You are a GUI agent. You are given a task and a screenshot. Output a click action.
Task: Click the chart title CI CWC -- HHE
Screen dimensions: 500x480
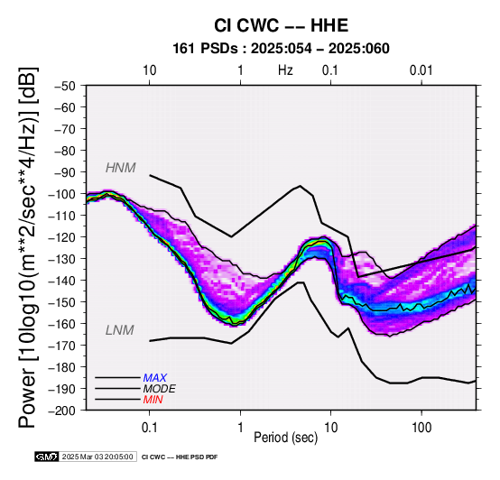[x=281, y=25]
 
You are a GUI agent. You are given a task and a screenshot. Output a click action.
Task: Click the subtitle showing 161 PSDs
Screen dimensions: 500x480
[x=281, y=49]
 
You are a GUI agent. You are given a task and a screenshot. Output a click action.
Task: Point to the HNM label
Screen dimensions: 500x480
[x=121, y=168]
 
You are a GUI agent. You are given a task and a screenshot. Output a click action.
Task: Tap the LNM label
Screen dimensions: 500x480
[x=119, y=330]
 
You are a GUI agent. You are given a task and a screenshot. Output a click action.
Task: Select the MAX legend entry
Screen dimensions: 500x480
[x=154, y=378]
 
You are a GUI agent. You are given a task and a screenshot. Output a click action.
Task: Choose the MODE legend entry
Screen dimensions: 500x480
[x=159, y=389]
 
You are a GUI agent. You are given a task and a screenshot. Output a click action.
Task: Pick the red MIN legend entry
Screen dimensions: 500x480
[x=153, y=400]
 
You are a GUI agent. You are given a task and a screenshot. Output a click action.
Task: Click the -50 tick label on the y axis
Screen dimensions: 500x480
[x=65, y=86]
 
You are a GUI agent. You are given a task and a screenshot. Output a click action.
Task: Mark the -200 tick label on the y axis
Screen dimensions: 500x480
[x=62, y=411]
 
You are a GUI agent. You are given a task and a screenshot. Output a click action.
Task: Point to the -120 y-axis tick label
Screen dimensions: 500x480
[x=62, y=237]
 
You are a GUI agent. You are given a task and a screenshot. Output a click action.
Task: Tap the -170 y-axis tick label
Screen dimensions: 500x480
[x=62, y=346]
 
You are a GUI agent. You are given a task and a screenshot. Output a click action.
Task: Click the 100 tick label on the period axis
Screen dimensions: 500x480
[x=421, y=428]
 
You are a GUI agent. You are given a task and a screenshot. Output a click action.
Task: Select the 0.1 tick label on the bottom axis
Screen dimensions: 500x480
[x=149, y=428]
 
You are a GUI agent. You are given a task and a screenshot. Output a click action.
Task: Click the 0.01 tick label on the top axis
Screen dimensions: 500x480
[x=421, y=70]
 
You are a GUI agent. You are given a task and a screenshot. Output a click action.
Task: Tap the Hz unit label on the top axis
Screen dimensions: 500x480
[x=285, y=70]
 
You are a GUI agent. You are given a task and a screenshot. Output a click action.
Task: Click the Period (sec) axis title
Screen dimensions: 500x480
[x=286, y=438]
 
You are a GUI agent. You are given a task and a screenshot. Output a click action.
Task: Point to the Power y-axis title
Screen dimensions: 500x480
[x=28, y=247]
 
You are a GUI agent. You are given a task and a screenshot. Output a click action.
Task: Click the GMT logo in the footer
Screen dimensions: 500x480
[x=47, y=457]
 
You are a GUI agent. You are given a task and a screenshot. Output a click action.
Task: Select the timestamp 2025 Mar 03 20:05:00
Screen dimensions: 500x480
[x=97, y=457]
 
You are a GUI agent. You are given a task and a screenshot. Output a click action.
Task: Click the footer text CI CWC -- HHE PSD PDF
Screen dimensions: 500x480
[x=180, y=457]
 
